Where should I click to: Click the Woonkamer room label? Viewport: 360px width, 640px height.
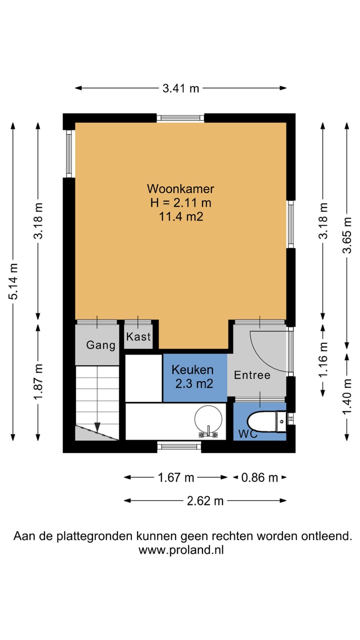click(180, 189)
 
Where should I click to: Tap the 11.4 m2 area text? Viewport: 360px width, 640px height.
click(180, 216)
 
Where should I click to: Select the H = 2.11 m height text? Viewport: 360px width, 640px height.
click(180, 203)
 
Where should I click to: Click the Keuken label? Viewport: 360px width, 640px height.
click(192, 370)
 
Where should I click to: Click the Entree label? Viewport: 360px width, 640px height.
click(252, 375)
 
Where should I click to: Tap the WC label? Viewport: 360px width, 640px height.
click(248, 434)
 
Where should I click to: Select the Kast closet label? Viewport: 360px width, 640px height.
click(138, 337)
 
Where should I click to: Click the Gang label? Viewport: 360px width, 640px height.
click(100, 345)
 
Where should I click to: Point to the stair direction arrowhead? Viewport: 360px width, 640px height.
click(97, 427)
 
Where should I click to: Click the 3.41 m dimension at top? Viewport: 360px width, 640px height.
click(180, 88)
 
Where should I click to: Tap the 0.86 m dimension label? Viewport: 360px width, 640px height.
click(259, 477)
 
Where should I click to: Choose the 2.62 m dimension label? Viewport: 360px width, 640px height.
click(205, 500)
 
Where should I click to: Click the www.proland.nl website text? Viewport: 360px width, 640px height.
click(181, 550)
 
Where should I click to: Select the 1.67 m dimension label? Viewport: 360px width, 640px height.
click(176, 477)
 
